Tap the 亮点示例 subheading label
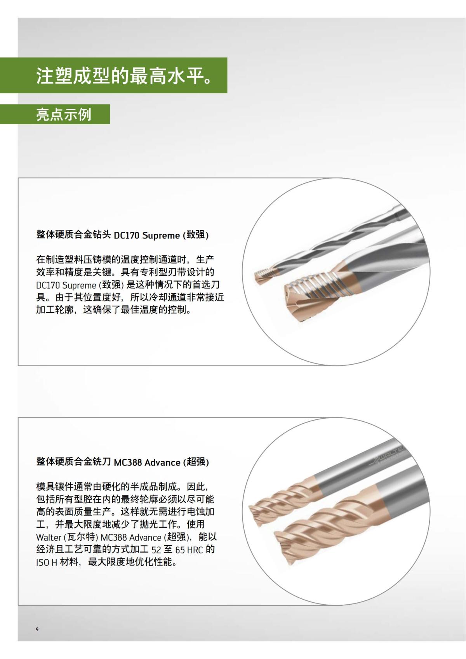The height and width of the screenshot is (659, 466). click(x=64, y=114)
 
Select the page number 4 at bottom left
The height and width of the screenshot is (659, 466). click(x=37, y=629)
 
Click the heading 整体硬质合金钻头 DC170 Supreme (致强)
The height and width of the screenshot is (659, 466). click(x=122, y=235)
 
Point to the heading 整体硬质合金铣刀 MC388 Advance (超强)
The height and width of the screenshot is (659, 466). click(x=122, y=462)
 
